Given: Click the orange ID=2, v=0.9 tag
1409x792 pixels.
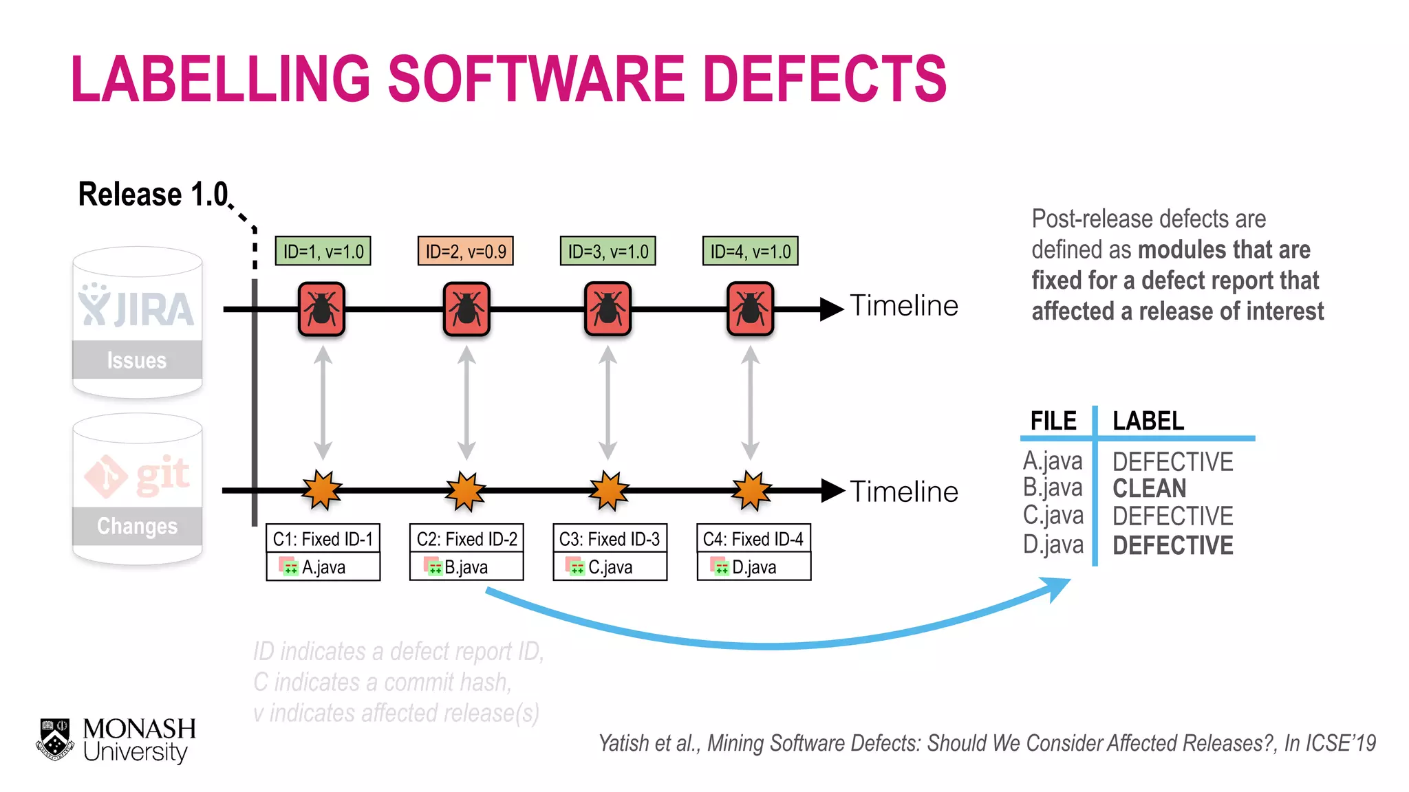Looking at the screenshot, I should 466,251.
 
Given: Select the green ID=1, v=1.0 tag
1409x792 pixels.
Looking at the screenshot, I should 323,251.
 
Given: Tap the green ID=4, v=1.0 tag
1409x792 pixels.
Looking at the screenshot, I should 750,251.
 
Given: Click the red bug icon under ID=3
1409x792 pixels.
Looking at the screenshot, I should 607,309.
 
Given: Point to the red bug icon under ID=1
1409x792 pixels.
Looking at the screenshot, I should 321,309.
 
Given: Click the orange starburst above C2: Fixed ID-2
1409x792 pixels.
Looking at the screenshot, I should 466,491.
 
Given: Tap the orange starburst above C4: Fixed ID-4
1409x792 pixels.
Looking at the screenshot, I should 751,491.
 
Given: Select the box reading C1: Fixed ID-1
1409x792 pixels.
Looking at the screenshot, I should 323,539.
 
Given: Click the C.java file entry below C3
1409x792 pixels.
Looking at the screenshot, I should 610,567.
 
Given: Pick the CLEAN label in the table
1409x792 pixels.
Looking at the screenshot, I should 1149,489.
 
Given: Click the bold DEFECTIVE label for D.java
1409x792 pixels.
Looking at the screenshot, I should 1172,545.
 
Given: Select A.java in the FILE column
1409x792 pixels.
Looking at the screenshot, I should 1053,461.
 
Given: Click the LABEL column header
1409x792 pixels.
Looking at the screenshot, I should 1148,421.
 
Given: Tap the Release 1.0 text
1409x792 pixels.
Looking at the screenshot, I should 153,195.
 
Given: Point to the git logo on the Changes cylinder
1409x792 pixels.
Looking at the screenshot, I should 137,474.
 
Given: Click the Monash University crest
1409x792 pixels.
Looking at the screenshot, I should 55,740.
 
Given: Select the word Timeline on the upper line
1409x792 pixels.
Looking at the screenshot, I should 904,306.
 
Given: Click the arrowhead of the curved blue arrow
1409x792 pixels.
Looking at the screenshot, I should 1057,588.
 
